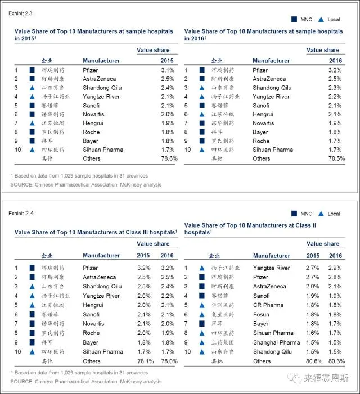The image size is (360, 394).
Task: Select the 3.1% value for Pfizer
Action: click(x=168, y=70)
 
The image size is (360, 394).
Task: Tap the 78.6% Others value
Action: click(x=169, y=158)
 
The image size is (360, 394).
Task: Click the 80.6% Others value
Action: click(x=314, y=361)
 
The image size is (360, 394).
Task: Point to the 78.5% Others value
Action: click(x=335, y=158)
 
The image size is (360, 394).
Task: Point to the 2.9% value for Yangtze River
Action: click(x=336, y=268)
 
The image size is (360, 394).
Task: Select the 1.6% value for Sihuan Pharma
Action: click(x=315, y=333)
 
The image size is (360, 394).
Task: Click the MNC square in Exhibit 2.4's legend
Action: click(x=294, y=214)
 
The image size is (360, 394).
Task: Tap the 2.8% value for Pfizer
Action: click(x=336, y=277)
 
